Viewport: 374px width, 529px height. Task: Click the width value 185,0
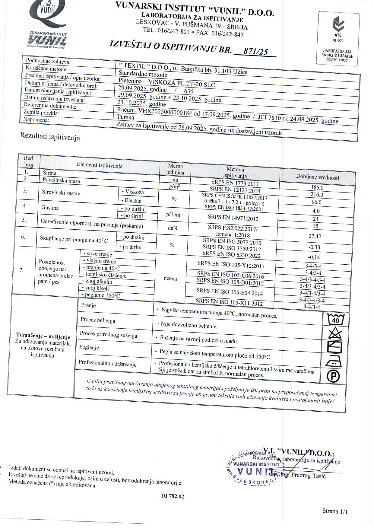click(317, 187)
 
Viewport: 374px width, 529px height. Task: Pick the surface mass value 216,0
click(317, 195)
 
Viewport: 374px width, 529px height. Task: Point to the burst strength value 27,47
click(315, 236)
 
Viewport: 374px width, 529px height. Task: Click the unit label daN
click(173, 228)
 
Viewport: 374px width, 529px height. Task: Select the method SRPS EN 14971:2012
click(233, 217)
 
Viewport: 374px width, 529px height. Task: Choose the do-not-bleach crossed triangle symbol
click(335, 334)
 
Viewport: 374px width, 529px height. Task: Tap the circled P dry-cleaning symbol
click(333, 376)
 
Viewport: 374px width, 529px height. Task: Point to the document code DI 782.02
click(173, 496)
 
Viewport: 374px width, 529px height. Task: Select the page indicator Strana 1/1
click(335, 511)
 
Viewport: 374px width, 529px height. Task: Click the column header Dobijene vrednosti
click(317, 177)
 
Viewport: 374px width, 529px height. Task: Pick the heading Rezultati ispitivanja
click(50, 137)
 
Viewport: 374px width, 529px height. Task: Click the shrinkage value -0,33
click(314, 247)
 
